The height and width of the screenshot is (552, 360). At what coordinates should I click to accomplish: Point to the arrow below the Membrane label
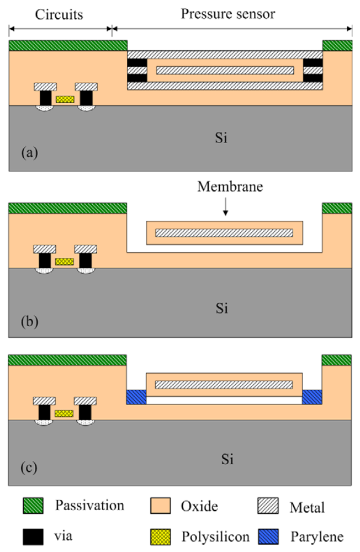[x=226, y=206]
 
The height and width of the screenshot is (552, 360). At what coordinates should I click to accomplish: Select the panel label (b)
[x=29, y=320]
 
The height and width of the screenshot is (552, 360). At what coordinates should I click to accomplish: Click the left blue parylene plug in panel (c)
[x=136, y=397]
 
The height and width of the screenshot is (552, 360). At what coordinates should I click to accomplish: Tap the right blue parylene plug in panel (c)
[x=312, y=397]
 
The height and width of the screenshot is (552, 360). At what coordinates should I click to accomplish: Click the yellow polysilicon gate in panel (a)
[x=65, y=99]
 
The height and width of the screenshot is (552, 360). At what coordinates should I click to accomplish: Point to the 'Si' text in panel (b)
[x=221, y=307]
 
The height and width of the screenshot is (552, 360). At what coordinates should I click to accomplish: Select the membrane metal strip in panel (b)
[x=224, y=232]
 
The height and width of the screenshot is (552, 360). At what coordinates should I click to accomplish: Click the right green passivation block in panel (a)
[x=337, y=45]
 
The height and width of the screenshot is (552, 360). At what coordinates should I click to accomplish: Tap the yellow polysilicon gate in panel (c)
[x=64, y=413]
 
